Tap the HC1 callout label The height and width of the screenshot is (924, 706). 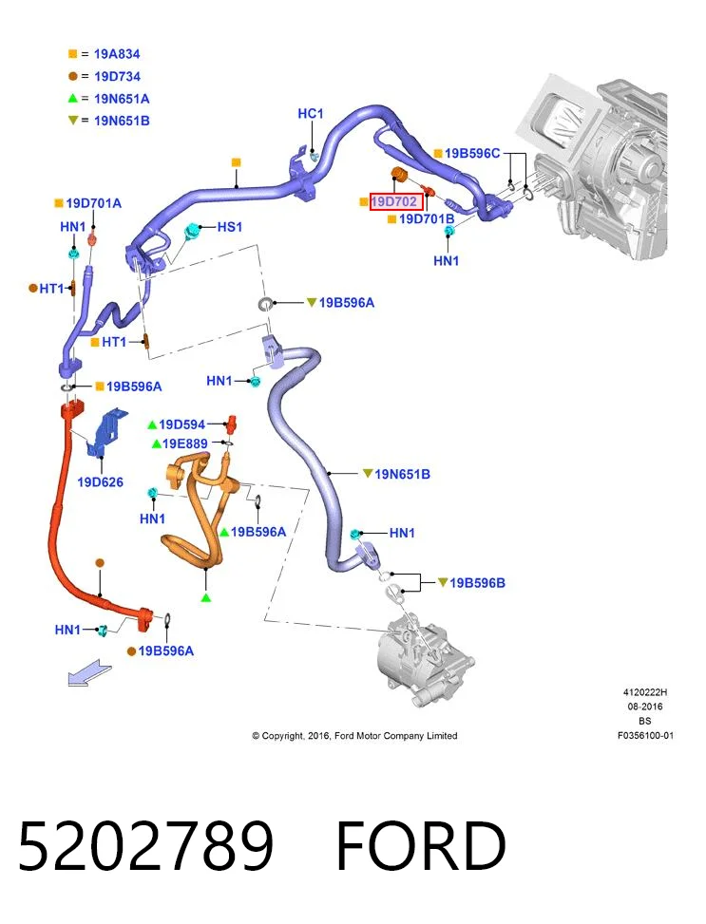point(310,113)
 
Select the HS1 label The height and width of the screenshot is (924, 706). point(229,227)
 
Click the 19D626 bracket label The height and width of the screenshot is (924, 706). point(101,482)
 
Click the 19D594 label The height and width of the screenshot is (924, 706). point(181,424)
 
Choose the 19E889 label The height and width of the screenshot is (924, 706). point(184,443)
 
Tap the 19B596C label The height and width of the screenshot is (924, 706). point(472,153)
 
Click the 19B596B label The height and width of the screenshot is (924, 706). point(477,583)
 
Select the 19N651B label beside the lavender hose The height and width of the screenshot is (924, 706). point(402,474)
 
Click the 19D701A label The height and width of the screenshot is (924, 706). point(93,203)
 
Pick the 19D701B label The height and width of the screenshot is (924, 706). point(427,219)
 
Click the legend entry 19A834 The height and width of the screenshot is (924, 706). point(117,54)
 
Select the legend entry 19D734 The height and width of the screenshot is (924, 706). point(118,77)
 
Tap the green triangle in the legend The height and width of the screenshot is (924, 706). point(72,99)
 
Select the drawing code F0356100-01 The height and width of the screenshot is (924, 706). point(645,735)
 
